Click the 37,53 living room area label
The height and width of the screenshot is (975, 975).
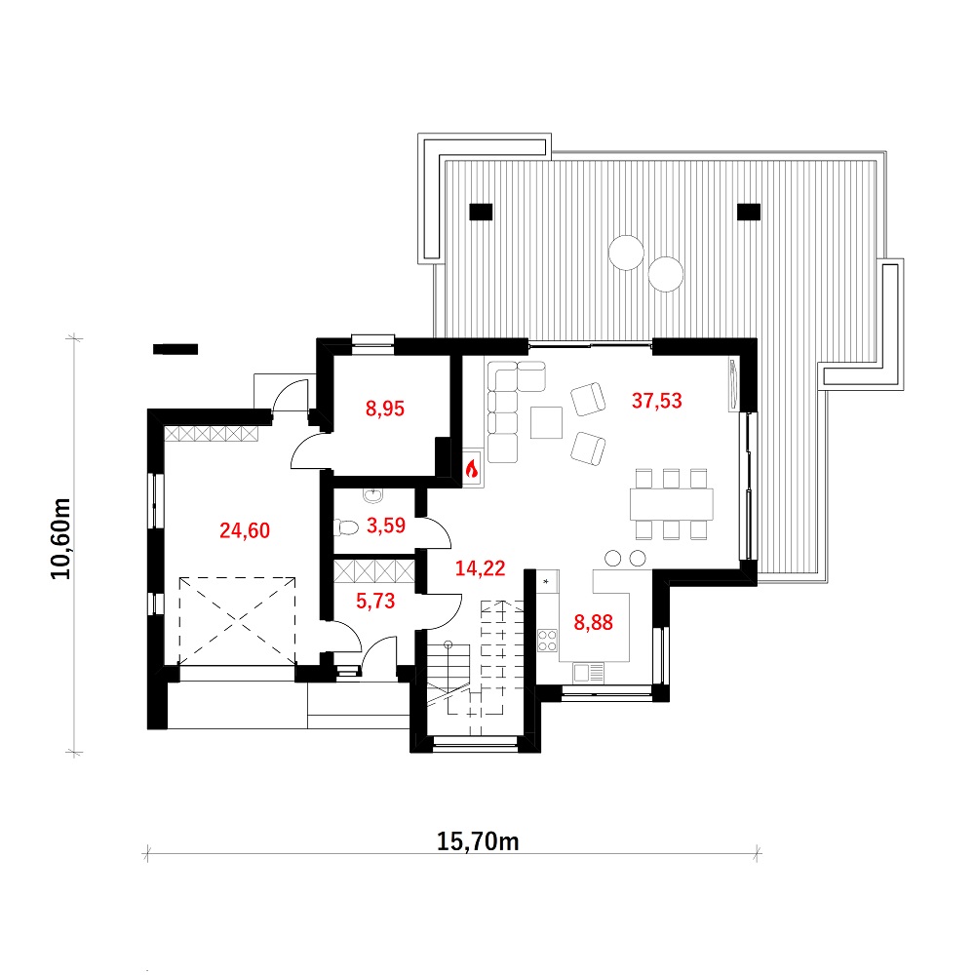pos(656,401)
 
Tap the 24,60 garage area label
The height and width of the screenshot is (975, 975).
pos(245,530)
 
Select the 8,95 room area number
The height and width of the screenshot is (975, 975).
pos(385,409)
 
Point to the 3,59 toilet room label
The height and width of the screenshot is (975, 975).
pos(386,526)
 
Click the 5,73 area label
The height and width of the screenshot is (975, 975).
pos(375,601)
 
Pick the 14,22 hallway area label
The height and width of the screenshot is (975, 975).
pos(480,567)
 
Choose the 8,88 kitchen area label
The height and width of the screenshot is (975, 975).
pos(593,622)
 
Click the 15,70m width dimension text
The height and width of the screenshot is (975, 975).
pos(478,841)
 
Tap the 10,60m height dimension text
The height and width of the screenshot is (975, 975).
pos(60,539)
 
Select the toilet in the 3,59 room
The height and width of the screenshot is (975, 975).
pos(346,527)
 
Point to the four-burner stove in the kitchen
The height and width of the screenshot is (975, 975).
pos(547,641)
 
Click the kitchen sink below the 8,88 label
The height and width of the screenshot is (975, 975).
pos(588,672)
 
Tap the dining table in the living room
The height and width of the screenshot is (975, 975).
pos(672,504)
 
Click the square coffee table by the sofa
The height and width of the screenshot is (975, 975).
pos(547,423)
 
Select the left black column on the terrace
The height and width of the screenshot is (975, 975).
pos(481,212)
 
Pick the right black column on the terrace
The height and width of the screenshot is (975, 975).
pos(749,212)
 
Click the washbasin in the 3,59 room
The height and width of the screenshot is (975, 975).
pos(373,495)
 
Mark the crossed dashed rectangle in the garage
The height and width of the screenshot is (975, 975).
pos(238,621)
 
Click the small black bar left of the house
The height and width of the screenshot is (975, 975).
pos(175,349)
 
